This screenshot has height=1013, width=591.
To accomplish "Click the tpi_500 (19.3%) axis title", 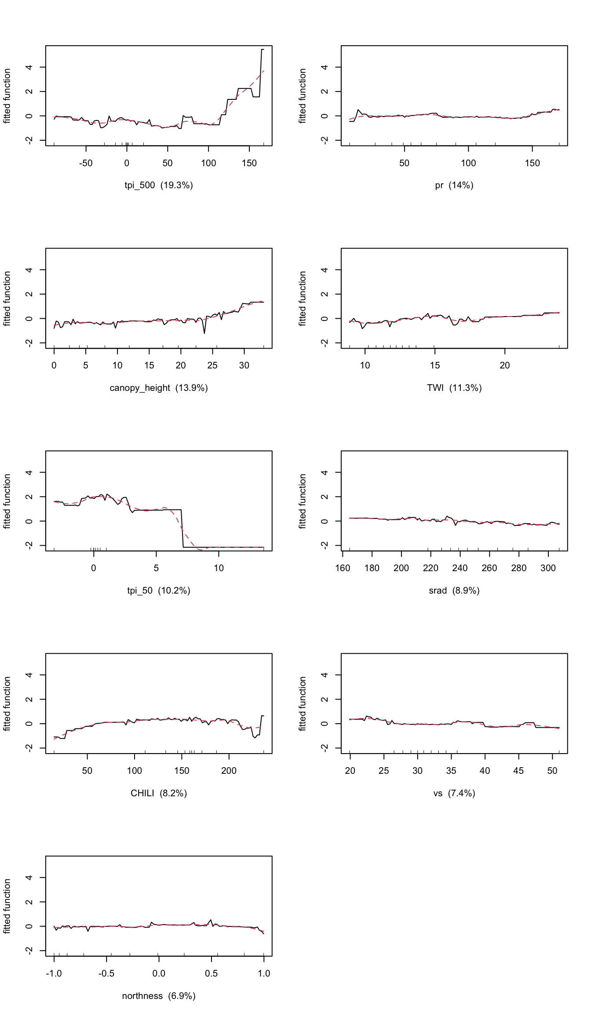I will coord(159,185).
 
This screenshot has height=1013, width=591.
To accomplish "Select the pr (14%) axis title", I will coord(454,185).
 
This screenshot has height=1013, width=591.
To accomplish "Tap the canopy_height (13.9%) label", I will coord(159,388).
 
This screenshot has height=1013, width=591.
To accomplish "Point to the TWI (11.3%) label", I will coord(454,388).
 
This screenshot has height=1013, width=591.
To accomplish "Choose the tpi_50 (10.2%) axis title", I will coord(159,590).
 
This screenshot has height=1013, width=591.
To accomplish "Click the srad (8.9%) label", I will coord(454,590).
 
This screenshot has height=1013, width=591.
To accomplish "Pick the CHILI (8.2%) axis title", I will coord(159,793).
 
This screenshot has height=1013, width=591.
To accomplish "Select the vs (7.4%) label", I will coord(454,793).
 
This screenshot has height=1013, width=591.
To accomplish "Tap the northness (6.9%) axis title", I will coord(159,996).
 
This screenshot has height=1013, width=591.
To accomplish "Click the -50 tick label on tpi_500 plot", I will coord(86,163).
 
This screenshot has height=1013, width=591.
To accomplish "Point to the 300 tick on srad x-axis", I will coord(548,568).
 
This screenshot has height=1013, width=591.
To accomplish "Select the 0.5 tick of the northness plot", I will coord(211,973).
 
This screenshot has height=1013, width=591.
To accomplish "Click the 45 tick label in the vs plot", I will coord(518,771).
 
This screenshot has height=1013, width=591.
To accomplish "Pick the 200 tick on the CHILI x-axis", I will coord(229,771).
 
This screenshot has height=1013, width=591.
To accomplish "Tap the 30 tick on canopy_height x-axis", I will coord(244,365).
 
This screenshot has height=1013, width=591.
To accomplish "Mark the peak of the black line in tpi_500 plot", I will coord(263,50).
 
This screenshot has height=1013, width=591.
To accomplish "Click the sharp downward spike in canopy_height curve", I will coord(204,333).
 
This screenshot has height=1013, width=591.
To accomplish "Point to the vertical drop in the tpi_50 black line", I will coord(182,528).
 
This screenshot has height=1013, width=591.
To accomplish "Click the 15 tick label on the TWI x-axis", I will coord(434,365).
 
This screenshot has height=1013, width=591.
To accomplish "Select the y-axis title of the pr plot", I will coord(303,96).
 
